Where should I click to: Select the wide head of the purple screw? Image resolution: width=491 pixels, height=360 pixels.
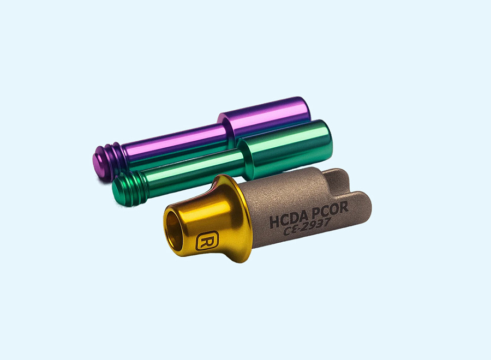pyautogui.click(x=264, y=118)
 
